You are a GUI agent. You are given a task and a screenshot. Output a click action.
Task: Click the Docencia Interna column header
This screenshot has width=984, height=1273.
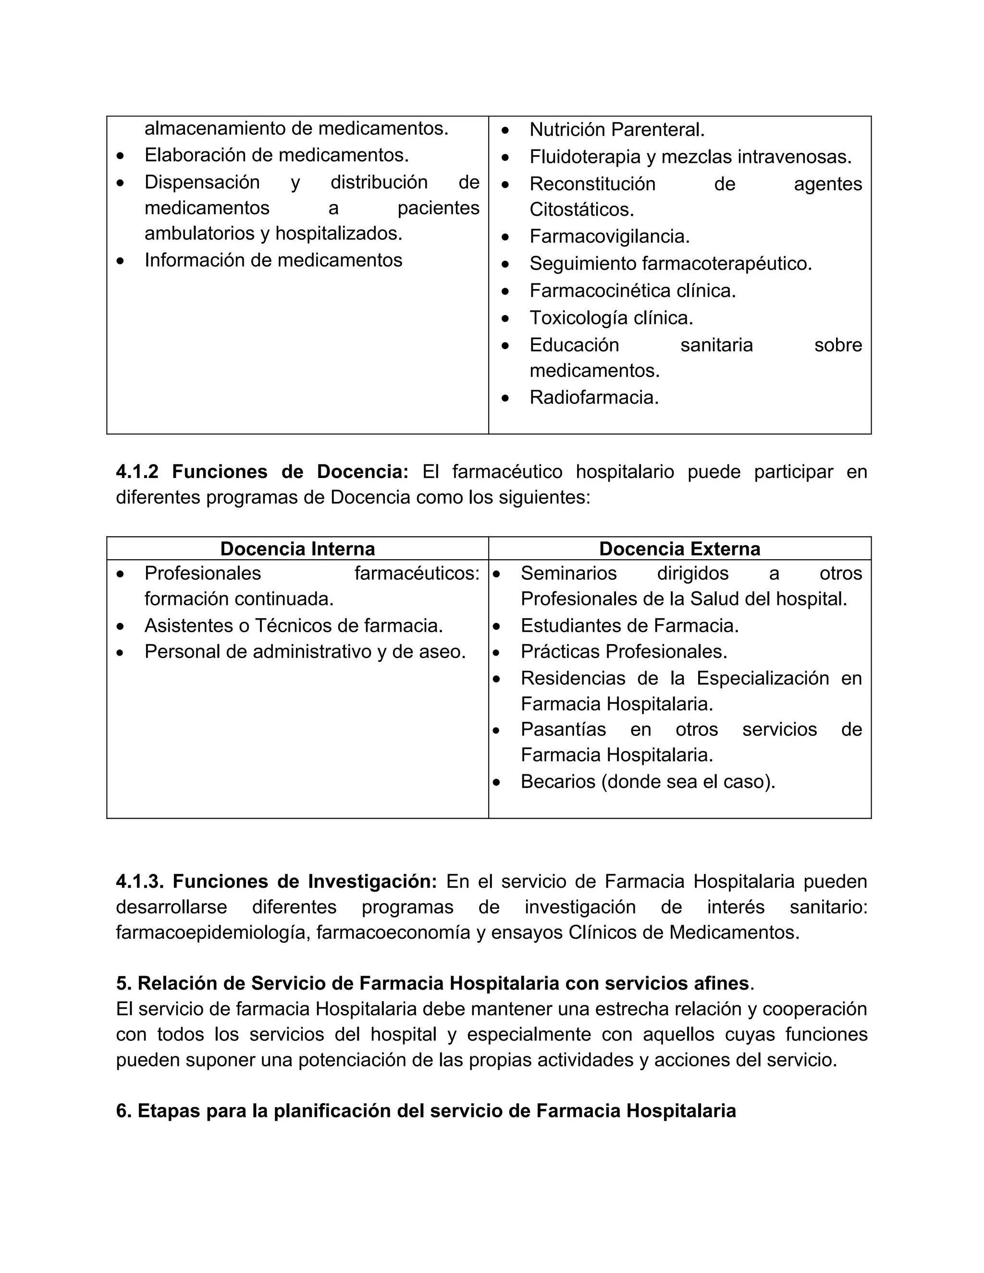297,549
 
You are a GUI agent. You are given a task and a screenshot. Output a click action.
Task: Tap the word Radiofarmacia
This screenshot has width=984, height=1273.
593,398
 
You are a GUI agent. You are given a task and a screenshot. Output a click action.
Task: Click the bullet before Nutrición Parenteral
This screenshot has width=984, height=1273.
505,130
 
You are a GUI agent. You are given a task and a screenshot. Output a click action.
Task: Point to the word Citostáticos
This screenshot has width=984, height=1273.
581,209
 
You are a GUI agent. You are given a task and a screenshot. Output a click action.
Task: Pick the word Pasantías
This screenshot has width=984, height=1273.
563,729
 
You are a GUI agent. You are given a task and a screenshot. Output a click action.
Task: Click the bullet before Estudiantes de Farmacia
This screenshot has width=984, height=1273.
496,626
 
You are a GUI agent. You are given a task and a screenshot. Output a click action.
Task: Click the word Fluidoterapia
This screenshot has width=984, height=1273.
585,157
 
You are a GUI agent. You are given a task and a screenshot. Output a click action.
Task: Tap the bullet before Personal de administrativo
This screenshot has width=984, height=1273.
120,652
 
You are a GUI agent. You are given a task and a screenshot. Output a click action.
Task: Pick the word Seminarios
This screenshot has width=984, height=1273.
568,573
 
